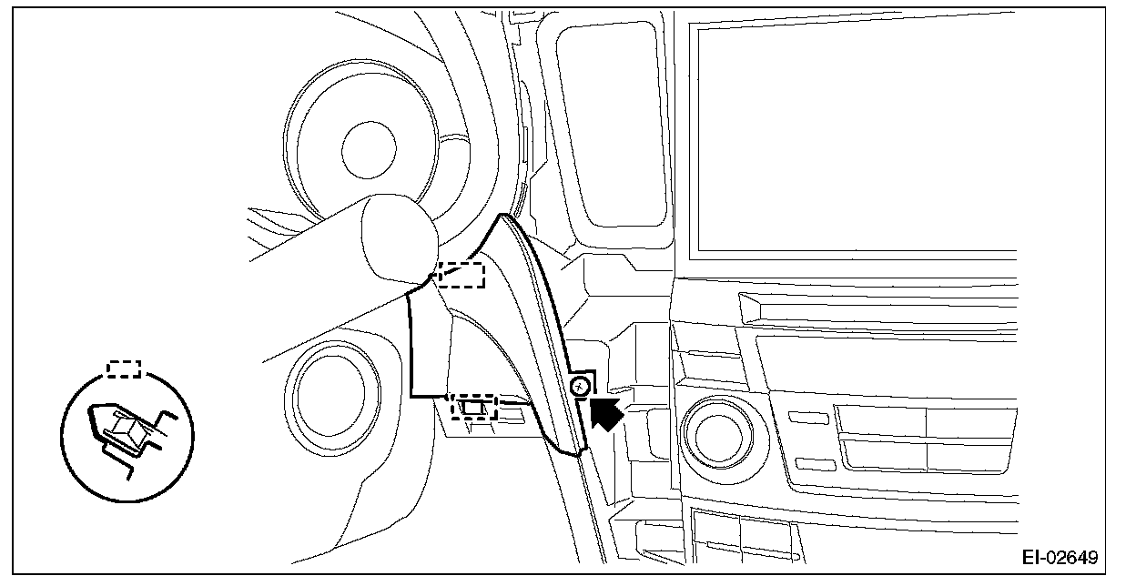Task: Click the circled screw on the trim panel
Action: point(579,389)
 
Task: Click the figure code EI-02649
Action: point(1059,557)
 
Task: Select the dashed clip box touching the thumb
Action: point(461,274)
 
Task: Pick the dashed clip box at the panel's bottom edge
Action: point(473,406)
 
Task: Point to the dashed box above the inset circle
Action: point(124,369)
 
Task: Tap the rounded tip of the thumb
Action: point(397,239)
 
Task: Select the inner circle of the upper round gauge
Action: point(369,146)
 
